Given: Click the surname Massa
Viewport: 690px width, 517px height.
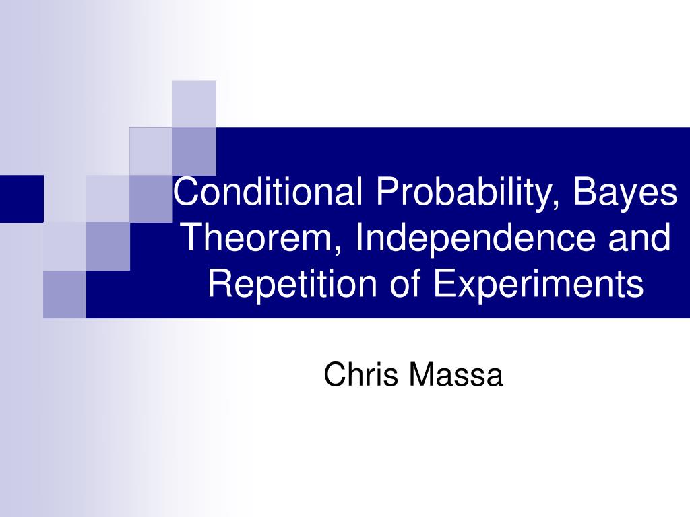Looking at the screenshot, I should tap(455, 374).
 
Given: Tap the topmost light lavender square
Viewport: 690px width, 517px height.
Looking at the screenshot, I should tap(194, 103).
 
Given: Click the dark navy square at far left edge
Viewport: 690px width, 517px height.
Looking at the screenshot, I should tap(21, 198).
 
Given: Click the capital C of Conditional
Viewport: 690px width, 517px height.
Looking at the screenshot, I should tap(186, 193).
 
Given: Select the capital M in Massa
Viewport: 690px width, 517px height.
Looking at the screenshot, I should tap(419, 374).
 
